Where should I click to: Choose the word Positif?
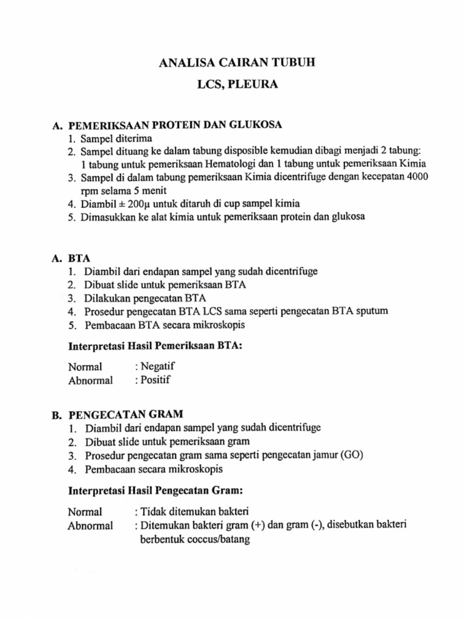(156, 380)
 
